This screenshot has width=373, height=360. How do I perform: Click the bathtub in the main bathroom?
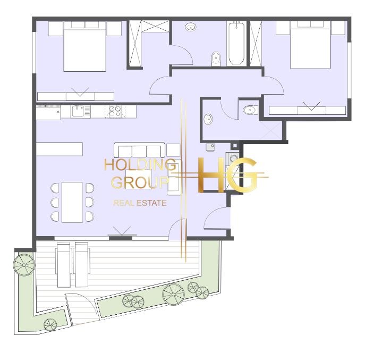pyautogui.click(x=236, y=43)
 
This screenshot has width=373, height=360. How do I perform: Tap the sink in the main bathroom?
pyautogui.click(x=191, y=27)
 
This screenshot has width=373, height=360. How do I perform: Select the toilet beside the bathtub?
pyautogui.click(x=216, y=59)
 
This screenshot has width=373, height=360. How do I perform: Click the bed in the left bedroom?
pyautogui.click(x=84, y=47)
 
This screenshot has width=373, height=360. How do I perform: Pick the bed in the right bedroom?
pyautogui.click(x=310, y=45)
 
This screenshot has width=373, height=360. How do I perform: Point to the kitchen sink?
pyautogui.click(x=78, y=111)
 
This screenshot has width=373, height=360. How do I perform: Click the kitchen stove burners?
pyautogui.click(x=115, y=112)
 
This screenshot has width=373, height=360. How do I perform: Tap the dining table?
pyautogui.click(x=72, y=202)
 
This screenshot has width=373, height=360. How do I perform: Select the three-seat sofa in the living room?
pyautogui.click(x=139, y=150)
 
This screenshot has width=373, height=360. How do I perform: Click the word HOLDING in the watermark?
pyautogui.click(x=140, y=164)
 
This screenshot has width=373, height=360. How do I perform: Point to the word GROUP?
pyautogui.click(x=140, y=182)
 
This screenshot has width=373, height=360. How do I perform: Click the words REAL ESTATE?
pyautogui.click(x=140, y=203)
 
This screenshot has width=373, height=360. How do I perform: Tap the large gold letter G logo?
pyautogui.click(x=243, y=175)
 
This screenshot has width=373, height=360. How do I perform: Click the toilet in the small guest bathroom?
pyautogui.click(x=250, y=110)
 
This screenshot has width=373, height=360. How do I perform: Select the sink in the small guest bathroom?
pyautogui.click(x=208, y=119)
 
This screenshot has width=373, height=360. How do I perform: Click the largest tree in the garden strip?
pyautogui.click(x=174, y=294)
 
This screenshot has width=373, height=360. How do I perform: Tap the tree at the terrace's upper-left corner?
pyautogui.click(x=24, y=265)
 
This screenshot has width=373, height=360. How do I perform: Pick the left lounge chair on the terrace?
pyautogui.click(x=64, y=265)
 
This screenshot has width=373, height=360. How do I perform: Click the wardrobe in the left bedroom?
pyautogui.click(x=75, y=96)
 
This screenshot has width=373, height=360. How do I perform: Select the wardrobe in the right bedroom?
pyautogui.click(x=307, y=111)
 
